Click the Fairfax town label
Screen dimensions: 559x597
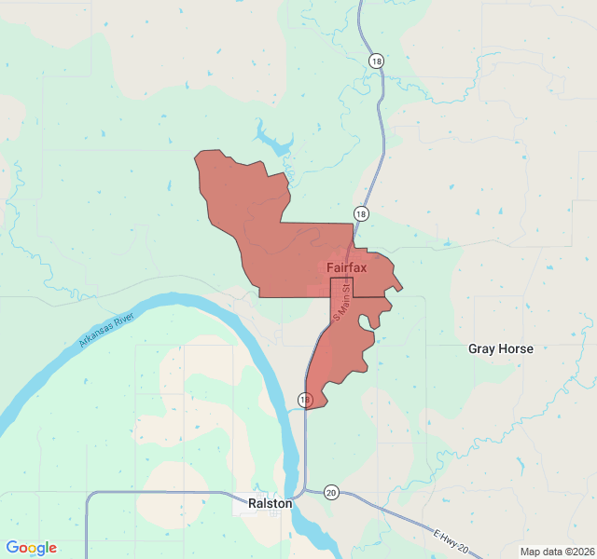coord(347,268)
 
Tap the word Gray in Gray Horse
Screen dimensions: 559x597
coord(481,349)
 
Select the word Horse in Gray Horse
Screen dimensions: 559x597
coord(516,349)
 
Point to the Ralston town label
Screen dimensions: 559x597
coord(271,503)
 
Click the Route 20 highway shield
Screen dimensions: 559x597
coord(331,491)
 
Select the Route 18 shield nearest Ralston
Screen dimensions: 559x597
coord(305,400)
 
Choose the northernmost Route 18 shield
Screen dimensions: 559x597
coord(375,61)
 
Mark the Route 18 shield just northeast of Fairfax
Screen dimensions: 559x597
coord(361,213)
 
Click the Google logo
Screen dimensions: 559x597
coord(31,548)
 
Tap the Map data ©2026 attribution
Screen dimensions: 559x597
coord(556,552)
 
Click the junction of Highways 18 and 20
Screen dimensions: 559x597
coord(304,491)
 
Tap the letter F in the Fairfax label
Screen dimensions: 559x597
coord(330,268)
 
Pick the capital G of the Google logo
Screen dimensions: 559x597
coord(12,548)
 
